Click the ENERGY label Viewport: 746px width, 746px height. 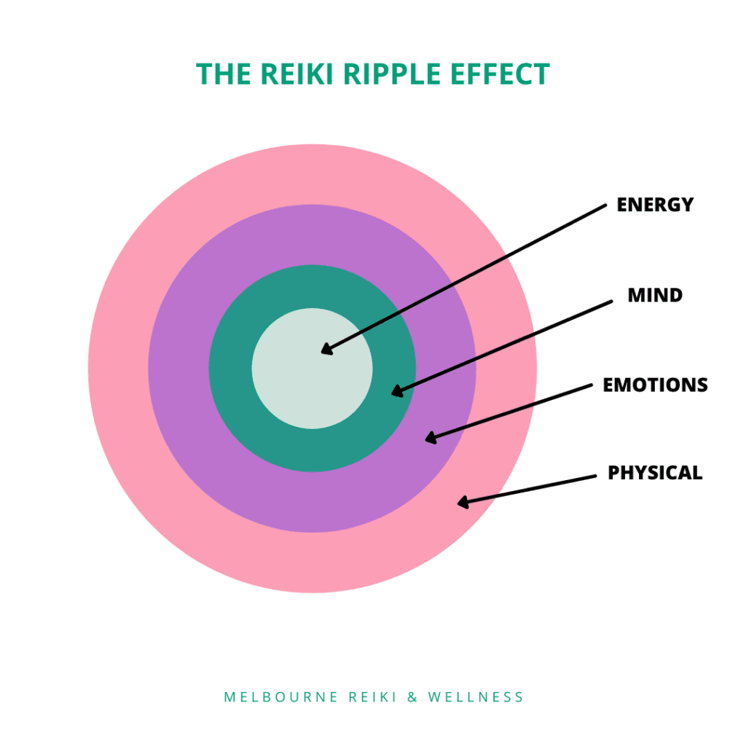click(655, 205)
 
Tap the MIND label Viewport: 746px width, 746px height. click(655, 296)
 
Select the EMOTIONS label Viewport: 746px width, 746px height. click(655, 385)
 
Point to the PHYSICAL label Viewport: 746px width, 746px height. click(655, 474)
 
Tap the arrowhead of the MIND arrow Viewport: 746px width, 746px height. click(397, 392)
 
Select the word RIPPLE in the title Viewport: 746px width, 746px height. click(400, 75)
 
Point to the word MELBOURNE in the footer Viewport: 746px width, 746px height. click(281, 697)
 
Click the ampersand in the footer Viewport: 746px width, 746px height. click(412, 697)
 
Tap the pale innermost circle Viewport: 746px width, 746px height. click(312, 369)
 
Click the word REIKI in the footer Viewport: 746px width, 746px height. click(372, 697)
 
